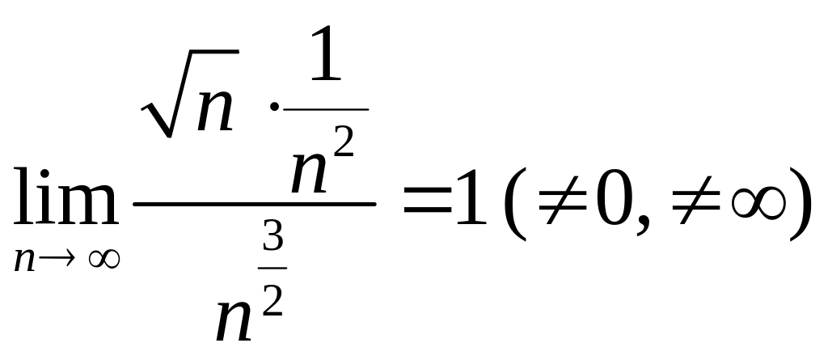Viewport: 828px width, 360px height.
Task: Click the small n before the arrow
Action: click(x=26, y=260)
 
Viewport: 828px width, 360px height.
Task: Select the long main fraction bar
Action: click(x=254, y=205)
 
